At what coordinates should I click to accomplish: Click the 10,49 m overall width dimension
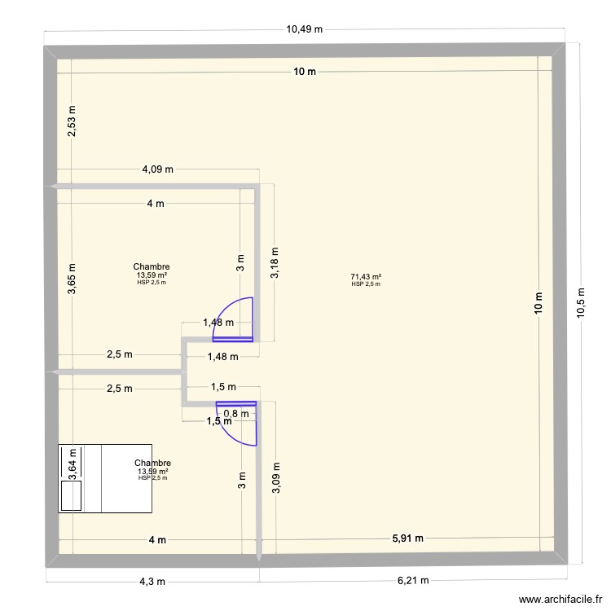[x=304, y=29]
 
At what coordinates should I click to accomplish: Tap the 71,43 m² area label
[x=367, y=278]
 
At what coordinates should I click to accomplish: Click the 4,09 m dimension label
[x=157, y=169]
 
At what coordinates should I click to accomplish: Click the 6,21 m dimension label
[x=411, y=581]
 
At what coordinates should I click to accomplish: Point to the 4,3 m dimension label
[x=152, y=581]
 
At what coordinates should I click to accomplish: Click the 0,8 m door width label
[x=231, y=413]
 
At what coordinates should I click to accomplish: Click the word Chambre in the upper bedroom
[x=152, y=266]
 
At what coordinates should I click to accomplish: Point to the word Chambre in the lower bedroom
[x=152, y=464]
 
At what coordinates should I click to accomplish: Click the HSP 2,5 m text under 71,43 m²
[x=367, y=284]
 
